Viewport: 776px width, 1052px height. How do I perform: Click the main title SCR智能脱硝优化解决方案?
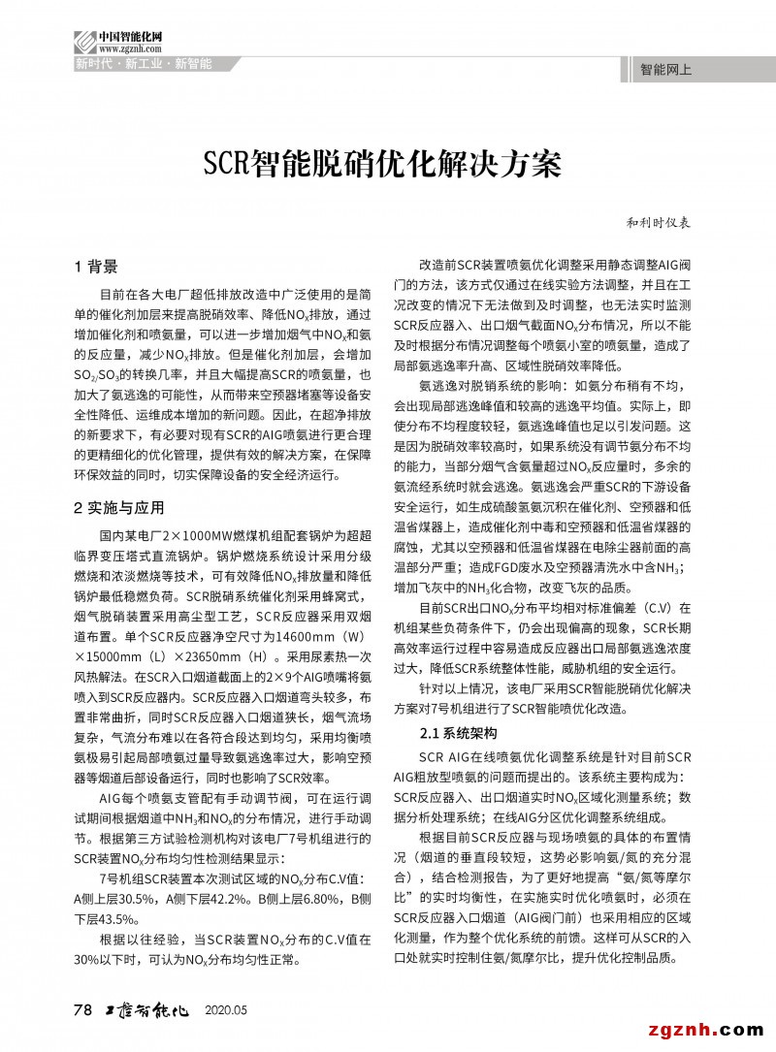point(381,163)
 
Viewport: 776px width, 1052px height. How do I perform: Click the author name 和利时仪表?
point(657,222)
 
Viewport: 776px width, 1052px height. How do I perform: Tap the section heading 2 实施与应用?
point(119,507)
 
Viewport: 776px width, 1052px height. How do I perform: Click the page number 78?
point(82,1009)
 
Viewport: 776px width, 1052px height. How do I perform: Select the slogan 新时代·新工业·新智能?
point(144,64)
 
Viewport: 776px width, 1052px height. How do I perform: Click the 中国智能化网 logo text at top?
point(129,36)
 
